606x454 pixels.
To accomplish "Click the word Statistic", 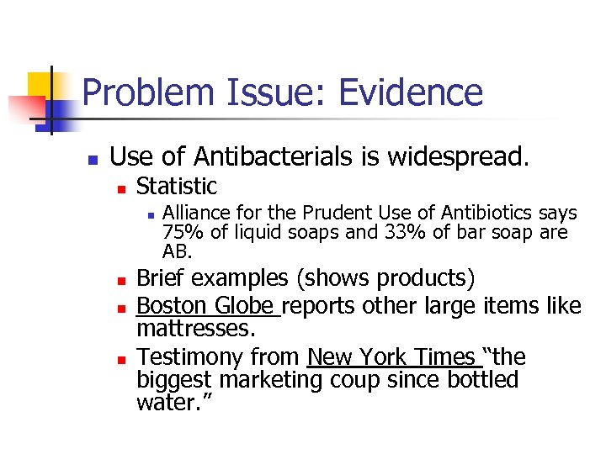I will coord(177,187).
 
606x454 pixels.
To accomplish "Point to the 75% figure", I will coord(178,232).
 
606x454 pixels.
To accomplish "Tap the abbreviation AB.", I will coord(177,251).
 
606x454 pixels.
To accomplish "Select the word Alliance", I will coord(193,214).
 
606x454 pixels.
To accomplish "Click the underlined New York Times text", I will coord(391,357).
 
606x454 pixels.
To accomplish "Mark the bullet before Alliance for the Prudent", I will coord(148,216).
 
